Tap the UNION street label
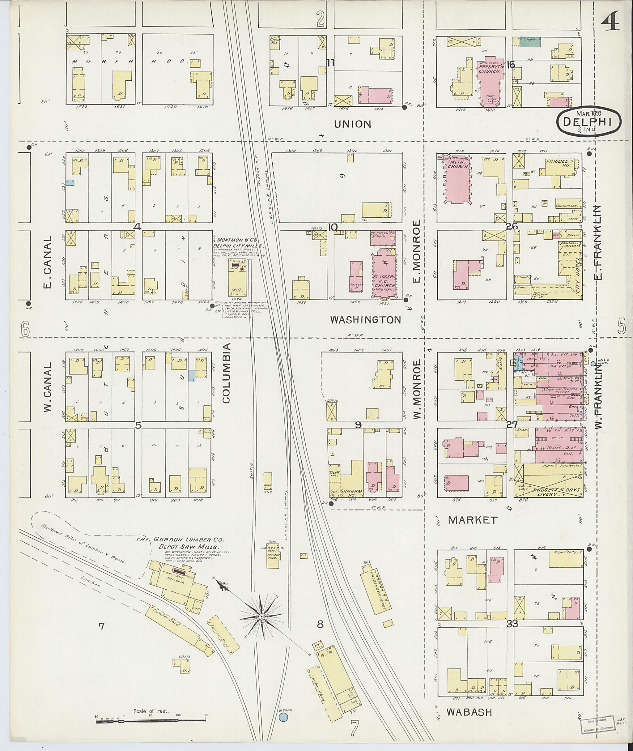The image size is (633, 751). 352,124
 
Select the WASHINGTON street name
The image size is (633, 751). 365,319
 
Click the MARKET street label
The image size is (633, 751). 473,519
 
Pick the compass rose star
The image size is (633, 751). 261,616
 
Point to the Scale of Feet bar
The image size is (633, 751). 151,719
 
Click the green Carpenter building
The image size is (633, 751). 531,42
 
